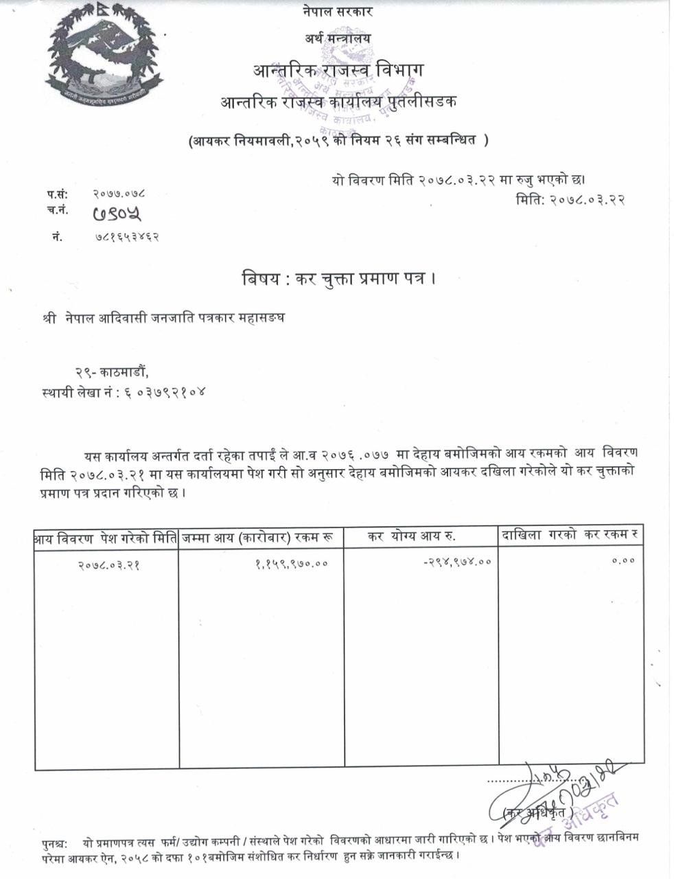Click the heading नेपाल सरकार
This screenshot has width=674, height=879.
337,12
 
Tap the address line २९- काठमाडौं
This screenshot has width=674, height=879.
111,372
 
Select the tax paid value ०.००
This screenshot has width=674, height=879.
623,560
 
